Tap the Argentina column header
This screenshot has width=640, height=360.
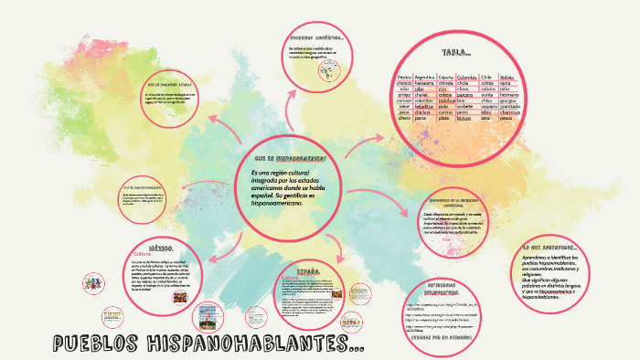click(x=426, y=77)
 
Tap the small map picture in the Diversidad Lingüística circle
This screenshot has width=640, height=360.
click(x=324, y=75)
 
